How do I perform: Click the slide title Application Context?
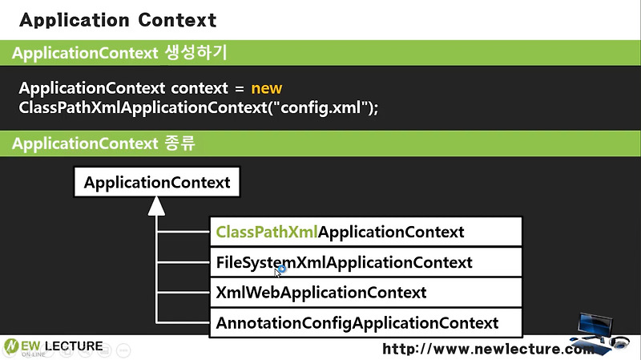pos(117,19)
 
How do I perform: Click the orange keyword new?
pos(266,87)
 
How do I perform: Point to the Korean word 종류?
pos(178,144)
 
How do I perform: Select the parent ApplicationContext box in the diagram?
pos(157,183)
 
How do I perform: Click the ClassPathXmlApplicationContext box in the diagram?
pos(365,233)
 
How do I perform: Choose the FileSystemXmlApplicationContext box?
pos(365,262)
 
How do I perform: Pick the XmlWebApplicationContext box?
pos(365,293)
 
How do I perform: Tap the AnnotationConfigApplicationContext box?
pos(365,323)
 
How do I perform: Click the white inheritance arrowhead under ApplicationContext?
pos(157,206)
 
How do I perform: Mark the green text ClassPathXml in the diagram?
pos(267,233)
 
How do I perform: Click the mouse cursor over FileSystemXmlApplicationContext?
pos(279,271)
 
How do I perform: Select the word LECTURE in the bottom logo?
pos(74,346)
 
